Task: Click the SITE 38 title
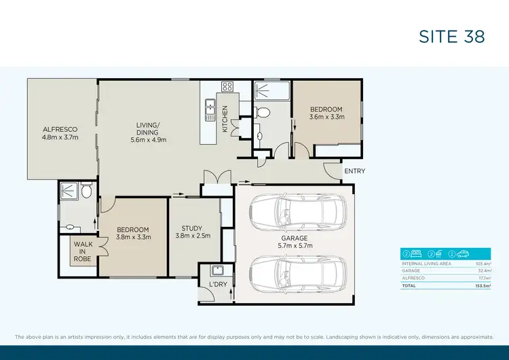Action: [x=451, y=36]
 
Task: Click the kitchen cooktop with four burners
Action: [x=227, y=86]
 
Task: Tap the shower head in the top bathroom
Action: [x=263, y=88]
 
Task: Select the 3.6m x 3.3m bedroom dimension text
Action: [x=326, y=117]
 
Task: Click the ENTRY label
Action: [x=354, y=171]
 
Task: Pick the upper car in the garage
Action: [x=296, y=213]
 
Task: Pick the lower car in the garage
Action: [x=296, y=273]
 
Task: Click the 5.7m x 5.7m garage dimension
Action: [x=295, y=247]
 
